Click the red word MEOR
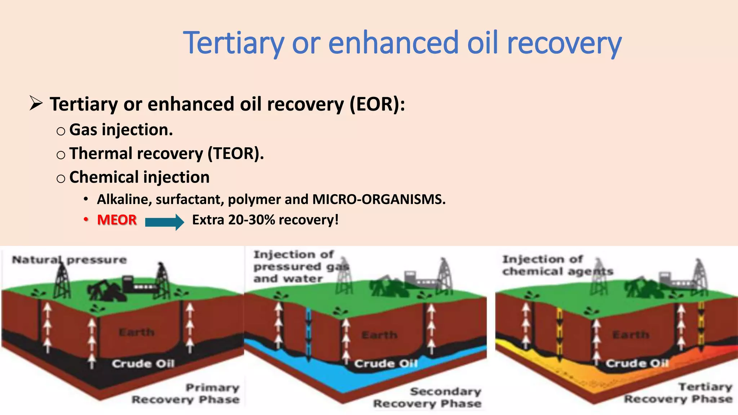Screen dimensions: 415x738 pyautogui.click(x=117, y=220)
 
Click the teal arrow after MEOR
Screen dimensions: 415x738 pyautogui.click(x=164, y=222)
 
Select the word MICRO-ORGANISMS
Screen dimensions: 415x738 pyautogui.click(x=378, y=199)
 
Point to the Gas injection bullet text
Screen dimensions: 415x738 pyautogui.click(x=121, y=130)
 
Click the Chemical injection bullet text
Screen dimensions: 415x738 pyautogui.click(x=139, y=177)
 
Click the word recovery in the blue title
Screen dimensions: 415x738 pyautogui.click(x=564, y=43)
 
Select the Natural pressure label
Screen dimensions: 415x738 pyautogui.click(x=69, y=260)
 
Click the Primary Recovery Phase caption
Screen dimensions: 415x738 pyautogui.click(x=186, y=394)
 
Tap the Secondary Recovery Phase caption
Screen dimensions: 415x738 pyautogui.click(x=427, y=397)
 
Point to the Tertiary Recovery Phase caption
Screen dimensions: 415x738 pyautogui.click(x=678, y=393)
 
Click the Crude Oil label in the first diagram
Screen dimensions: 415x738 pyautogui.click(x=143, y=363)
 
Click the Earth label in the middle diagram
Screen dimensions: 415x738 pyautogui.click(x=379, y=335)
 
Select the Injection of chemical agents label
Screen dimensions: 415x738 pyautogui.click(x=557, y=265)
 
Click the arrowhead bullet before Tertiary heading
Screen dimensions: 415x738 pyautogui.click(x=36, y=104)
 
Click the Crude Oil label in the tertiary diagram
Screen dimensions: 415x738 pyautogui.click(x=637, y=363)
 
